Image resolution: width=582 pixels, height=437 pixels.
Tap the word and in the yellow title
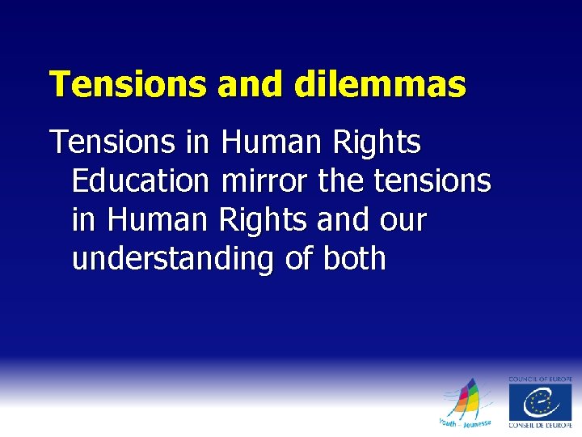point(251,84)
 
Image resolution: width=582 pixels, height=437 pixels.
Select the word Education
point(140,181)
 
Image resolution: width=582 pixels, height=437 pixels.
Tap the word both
point(354,259)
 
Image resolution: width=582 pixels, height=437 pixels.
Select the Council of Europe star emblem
point(540,402)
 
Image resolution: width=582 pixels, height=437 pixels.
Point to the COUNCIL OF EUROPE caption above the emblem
point(540,379)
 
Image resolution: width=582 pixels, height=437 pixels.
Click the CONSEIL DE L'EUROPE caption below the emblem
point(540,426)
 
